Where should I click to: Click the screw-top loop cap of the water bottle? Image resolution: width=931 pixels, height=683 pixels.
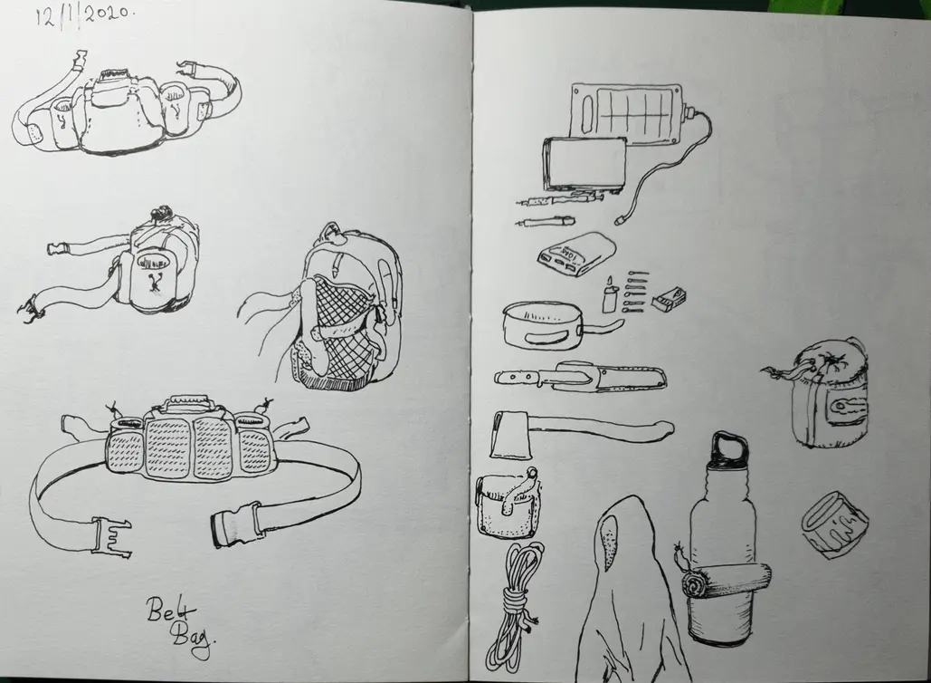pos(730,447)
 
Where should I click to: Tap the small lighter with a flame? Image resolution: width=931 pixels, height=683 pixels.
pos(609,295)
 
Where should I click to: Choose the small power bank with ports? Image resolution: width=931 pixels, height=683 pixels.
pos(576,255)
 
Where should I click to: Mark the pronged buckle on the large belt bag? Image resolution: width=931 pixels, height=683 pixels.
pos(111,536)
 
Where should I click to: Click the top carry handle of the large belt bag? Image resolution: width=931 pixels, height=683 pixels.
pos(187,402)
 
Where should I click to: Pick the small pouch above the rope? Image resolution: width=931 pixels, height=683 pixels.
pos(505,503)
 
